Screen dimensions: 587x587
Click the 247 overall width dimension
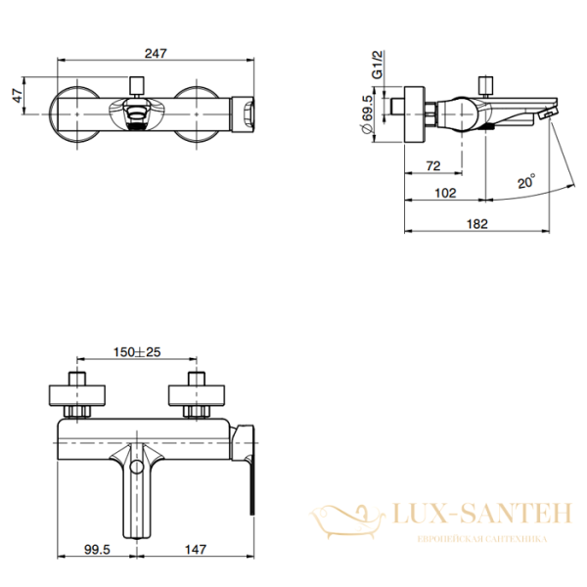156,54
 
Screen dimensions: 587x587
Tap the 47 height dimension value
18,96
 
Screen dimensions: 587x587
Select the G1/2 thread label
378,65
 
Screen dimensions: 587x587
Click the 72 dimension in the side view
433,166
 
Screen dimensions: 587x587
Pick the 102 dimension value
445,193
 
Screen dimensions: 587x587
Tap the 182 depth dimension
477,224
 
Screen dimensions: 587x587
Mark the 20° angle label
526,181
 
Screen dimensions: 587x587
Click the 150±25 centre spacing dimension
137,352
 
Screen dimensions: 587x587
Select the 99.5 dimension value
97,549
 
